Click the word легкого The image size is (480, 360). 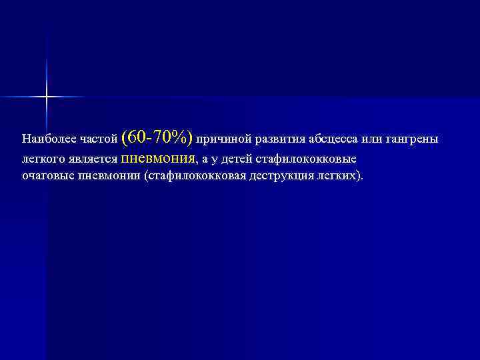43,160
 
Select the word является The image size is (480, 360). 93,160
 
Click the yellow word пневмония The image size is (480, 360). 158,159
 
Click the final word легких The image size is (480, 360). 339,176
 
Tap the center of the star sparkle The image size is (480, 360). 47,97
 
